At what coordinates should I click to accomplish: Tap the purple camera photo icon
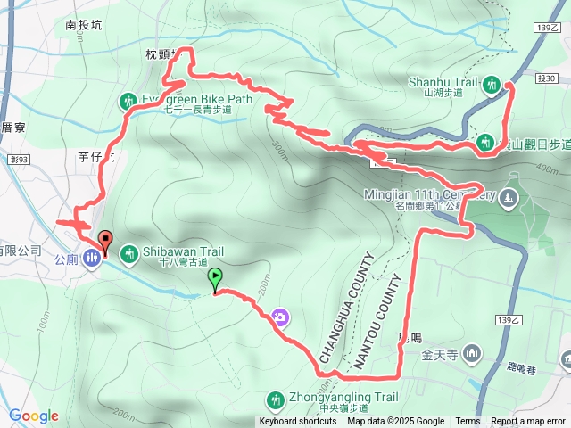(280, 317)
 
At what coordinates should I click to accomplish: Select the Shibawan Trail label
(179, 251)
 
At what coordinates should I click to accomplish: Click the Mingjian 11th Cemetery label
(428, 194)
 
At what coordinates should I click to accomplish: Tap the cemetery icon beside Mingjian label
(509, 195)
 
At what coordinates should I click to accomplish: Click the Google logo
(34, 416)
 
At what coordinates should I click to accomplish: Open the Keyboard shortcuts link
(298, 422)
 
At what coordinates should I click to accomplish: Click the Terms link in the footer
(468, 422)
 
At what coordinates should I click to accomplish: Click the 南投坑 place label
(84, 26)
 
